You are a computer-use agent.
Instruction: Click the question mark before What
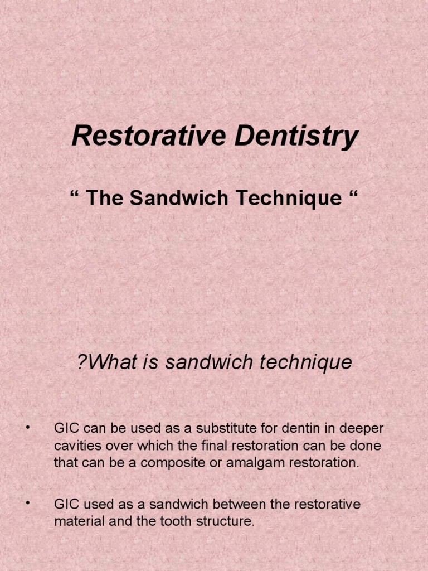(82, 362)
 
